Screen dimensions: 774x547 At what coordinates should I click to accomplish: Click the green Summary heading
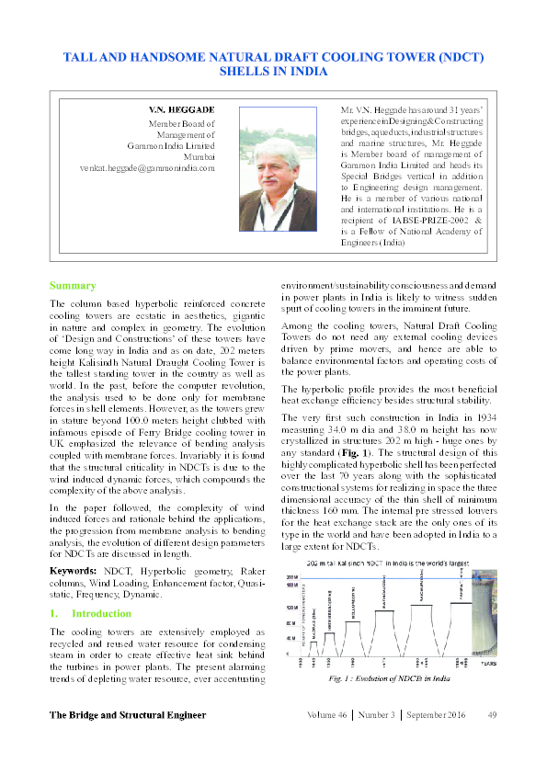point(73,286)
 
